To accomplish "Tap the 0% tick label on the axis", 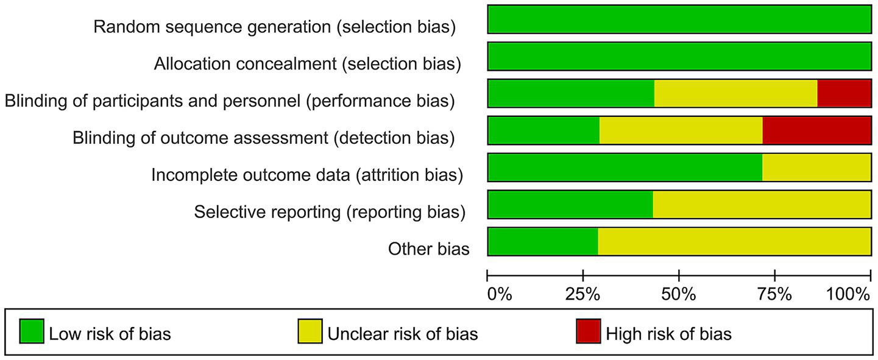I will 499,295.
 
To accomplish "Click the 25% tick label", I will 583,295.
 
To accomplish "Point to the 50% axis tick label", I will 679,295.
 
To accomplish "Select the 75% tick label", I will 774,295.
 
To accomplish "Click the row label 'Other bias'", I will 428,249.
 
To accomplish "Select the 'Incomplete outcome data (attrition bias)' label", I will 306,175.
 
